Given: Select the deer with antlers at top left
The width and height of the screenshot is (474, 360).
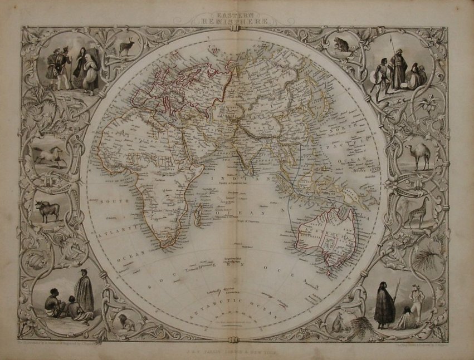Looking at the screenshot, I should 127,47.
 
